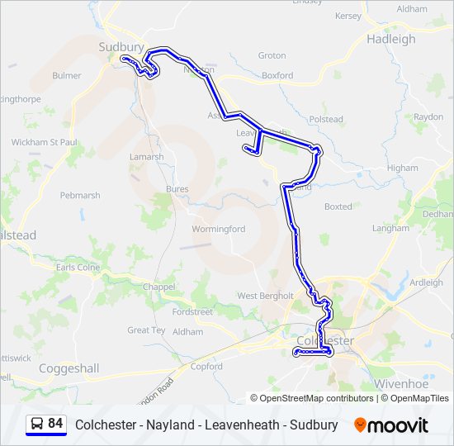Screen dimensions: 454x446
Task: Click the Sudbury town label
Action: pyautogui.click(x=121, y=47)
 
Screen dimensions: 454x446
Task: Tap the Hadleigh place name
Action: pyautogui.click(x=391, y=39)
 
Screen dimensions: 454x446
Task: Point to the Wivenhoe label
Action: pyautogui.click(x=401, y=384)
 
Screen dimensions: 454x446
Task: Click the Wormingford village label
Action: pyautogui.click(x=218, y=229)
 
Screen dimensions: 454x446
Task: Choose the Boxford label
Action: pyautogui.click(x=277, y=75)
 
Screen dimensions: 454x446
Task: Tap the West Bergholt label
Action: pyautogui.click(x=265, y=296)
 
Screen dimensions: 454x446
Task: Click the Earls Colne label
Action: pyautogui.click(x=78, y=268)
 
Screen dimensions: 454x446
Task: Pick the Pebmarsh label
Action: pyautogui.click(x=80, y=196)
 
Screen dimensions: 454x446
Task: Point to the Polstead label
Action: pyautogui.click(x=326, y=120)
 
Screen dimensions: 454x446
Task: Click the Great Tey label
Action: pyautogui.click(x=146, y=330)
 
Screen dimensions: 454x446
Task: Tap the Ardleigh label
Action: pyautogui.click(x=426, y=282)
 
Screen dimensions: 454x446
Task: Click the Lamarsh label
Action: pyautogui.click(x=146, y=156)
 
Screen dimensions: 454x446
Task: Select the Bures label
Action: pyautogui.click(x=177, y=189)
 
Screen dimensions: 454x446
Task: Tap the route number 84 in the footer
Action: pyautogui.click(x=55, y=424)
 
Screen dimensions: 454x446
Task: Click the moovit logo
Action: pyautogui.click(x=391, y=425)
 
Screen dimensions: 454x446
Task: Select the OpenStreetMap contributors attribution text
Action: pyautogui.click(x=316, y=398)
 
